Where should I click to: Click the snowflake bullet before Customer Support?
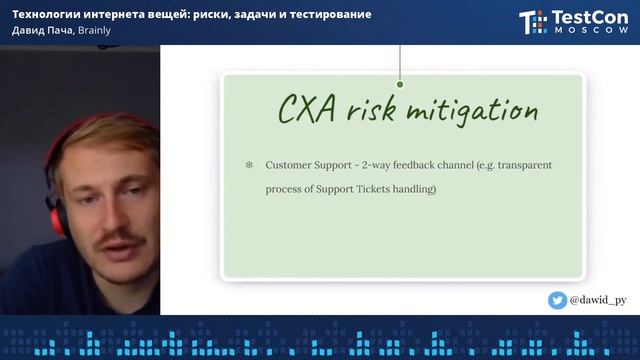tap(249, 163)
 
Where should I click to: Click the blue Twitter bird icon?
tap(557, 300)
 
